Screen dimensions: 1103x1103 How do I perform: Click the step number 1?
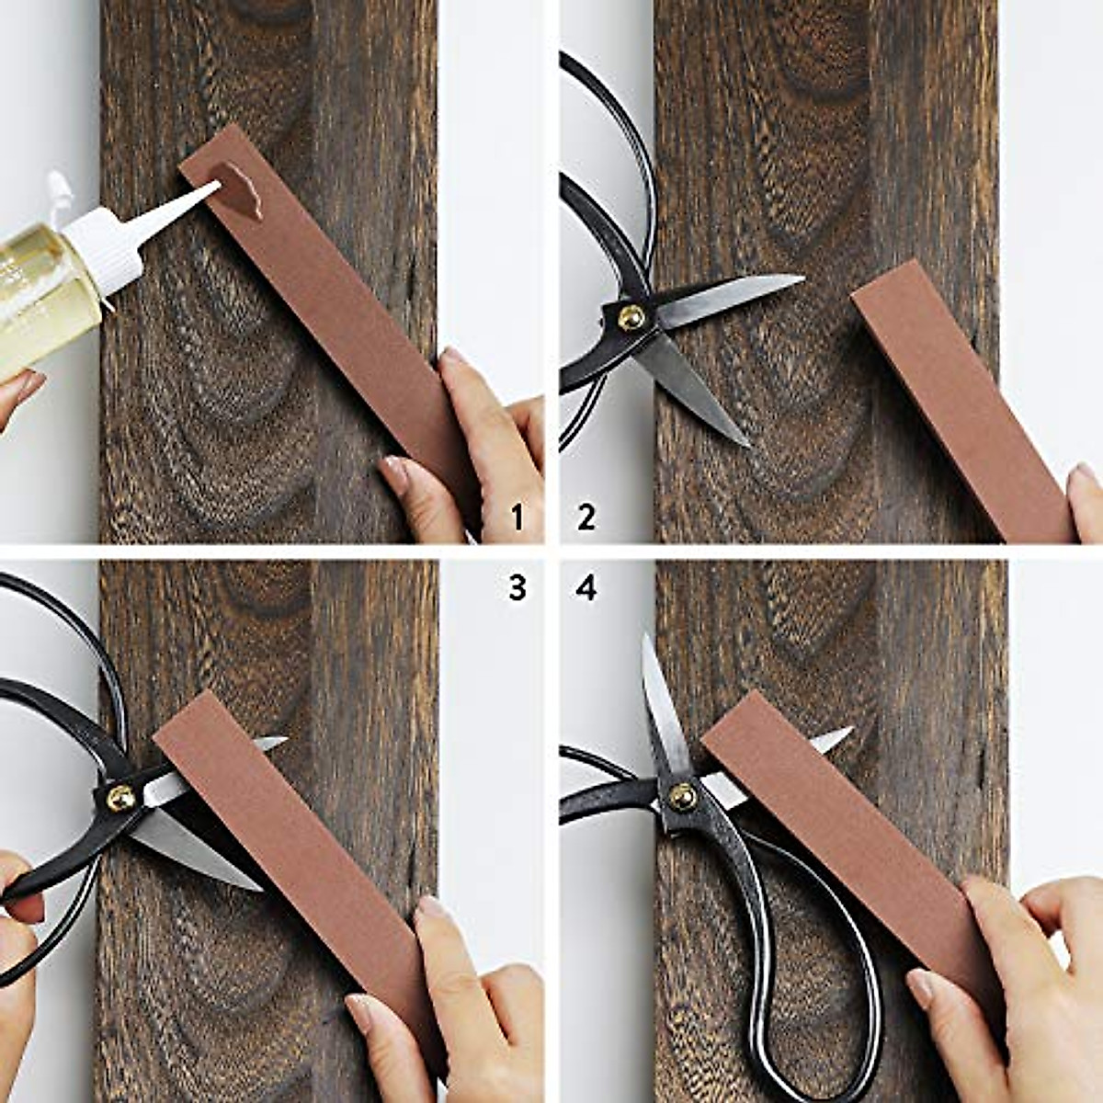click(x=517, y=517)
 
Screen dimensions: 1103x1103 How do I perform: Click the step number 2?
click(x=586, y=517)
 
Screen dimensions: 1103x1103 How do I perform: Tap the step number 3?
click(x=517, y=586)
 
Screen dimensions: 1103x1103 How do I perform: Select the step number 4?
click(x=586, y=586)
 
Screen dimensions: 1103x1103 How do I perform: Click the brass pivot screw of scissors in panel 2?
click(x=631, y=317)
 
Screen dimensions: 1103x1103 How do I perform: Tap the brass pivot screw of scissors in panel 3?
click(x=120, y=798)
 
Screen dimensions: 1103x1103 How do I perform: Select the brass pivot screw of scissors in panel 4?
click(x=681, y=796)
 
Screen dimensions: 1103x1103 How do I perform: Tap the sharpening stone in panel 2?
click(x=956, y=395)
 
